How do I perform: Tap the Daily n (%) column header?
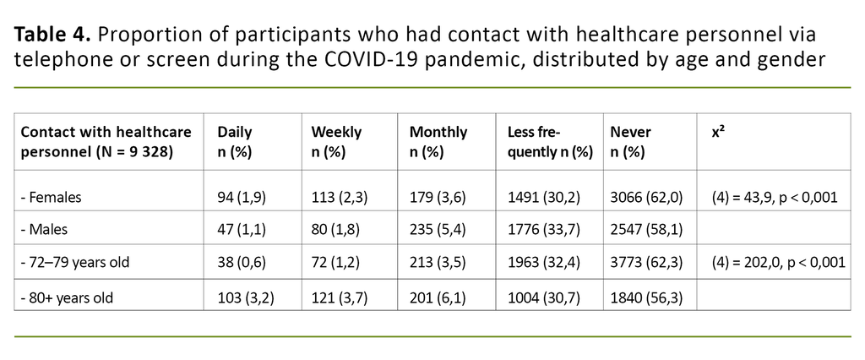pyautogui.click(x=236, y=142)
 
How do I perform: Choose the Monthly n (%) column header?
pyautogui.click(x=437, y=142)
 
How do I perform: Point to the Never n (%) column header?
pyautogui.click(x=628, y=142)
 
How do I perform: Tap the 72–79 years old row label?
pyautogui.click(x=75, y=262)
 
